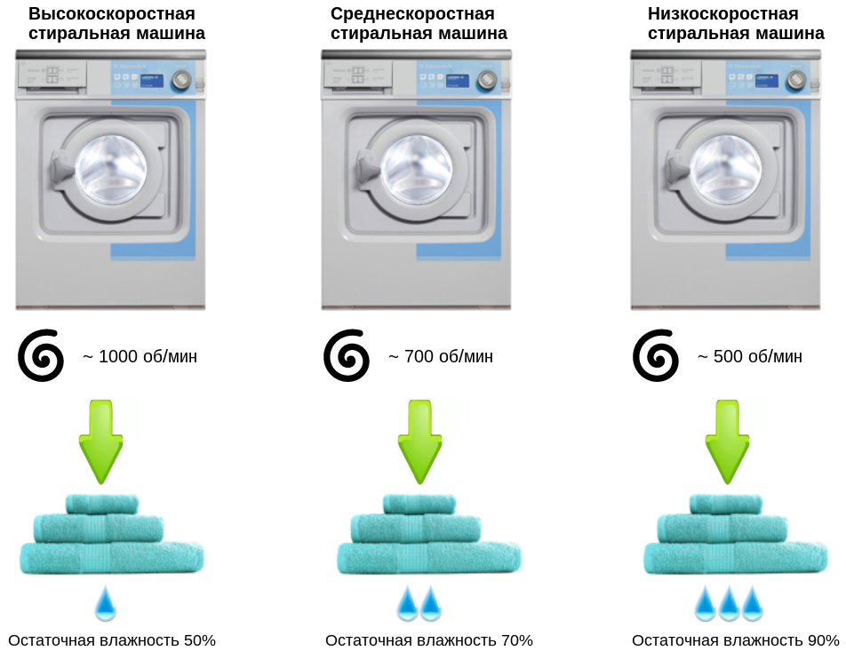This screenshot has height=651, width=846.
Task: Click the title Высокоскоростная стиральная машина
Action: (x=116, y=24)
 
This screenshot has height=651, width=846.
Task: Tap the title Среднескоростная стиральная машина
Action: (x=419, y=24)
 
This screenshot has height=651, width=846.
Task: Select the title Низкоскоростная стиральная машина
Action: (x=735, y=24)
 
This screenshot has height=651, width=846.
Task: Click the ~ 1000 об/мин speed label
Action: (x=140, y=357)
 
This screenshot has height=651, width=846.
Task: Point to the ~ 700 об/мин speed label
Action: (x=440, y=357)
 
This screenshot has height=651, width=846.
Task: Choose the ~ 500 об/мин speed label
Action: (x=749, y=357)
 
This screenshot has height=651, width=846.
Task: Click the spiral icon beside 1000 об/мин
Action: (x=41, y=355)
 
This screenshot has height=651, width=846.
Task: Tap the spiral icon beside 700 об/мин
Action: (x=347, y=355)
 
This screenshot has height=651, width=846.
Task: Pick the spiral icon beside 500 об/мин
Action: (x=656, y=355)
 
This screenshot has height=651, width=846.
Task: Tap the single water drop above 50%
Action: (x=106, y=603)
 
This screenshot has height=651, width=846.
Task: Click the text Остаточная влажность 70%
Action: (x=429, y=640)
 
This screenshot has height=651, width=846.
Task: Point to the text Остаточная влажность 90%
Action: (x=736, y=640)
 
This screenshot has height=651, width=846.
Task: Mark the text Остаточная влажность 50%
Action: (x=112, y=640)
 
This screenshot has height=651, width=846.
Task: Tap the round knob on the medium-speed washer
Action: (x=487, y=81)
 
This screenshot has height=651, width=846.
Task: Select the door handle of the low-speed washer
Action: (x=673, y=165)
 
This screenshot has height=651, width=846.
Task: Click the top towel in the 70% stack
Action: (x=419, y=504)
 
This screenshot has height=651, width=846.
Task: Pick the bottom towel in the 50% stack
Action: (x=112, y=559)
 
